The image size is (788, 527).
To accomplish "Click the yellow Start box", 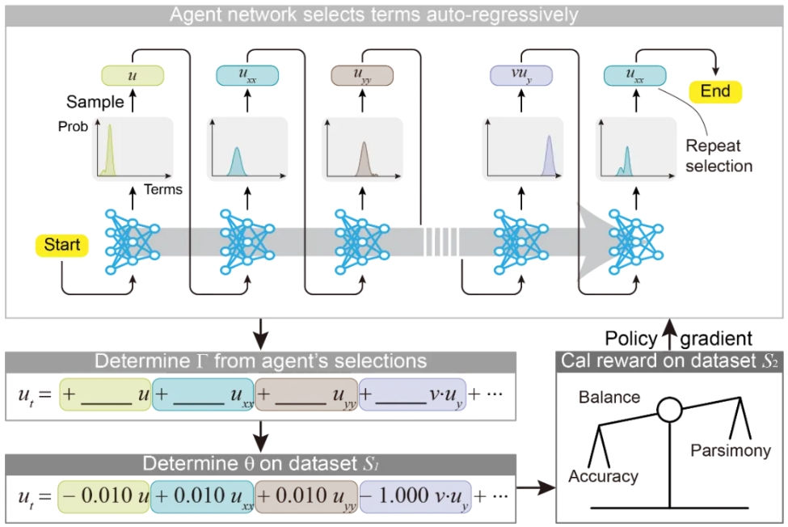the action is (61, 245).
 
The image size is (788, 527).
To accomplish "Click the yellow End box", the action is (715, 91).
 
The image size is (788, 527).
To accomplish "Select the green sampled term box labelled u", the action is (133, 75).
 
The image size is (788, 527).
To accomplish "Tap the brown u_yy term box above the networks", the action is (362, 75).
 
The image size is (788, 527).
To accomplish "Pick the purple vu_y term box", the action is (521, 75).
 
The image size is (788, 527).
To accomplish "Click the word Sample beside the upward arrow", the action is (95, 102).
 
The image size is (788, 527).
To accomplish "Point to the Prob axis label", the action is (73, 126).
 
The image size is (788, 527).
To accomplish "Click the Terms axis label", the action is (162, 189).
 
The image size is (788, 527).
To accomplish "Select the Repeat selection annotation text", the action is (718, 156).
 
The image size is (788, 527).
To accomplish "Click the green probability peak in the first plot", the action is (109, 150).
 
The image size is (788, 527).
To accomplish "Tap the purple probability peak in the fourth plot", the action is (550, 156).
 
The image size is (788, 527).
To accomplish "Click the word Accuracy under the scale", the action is (603, 476).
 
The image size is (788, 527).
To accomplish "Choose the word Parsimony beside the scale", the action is (730, 450).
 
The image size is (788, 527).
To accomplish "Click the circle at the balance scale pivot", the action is (669, 410).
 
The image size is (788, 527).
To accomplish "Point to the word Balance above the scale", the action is (609, 397).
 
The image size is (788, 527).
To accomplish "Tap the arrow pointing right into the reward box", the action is (536, 487).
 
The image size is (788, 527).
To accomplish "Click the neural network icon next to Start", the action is (133, 242).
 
